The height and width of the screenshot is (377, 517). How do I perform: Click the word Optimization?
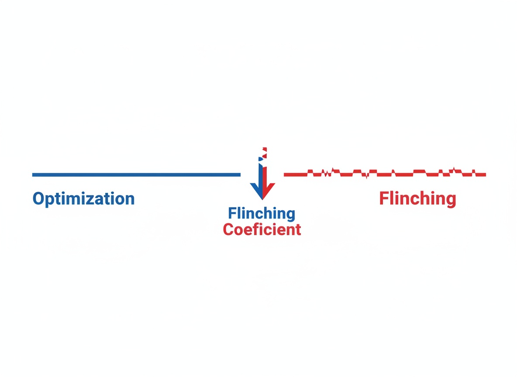(83, 199)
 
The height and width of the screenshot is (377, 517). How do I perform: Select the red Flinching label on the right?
(417, 199)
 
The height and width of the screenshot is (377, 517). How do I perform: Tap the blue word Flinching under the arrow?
(262, 213)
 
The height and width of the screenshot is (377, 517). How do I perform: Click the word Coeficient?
(262, 230)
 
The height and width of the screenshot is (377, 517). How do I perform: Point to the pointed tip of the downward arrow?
(262, 199)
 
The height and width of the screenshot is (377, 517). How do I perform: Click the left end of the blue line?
(33, 175)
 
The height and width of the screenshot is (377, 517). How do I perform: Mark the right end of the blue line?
(240, 175)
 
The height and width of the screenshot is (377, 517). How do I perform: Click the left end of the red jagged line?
(284, 175)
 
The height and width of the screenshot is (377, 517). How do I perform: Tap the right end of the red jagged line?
(486, 175)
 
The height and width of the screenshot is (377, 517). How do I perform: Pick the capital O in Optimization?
(38, 199)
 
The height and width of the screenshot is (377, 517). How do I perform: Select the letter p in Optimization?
(50, 201)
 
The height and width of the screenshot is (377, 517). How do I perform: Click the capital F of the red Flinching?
(383, 198)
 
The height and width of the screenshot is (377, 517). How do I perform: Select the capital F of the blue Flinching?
(232, 213)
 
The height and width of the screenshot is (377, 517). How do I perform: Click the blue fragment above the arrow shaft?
(261, 159)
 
